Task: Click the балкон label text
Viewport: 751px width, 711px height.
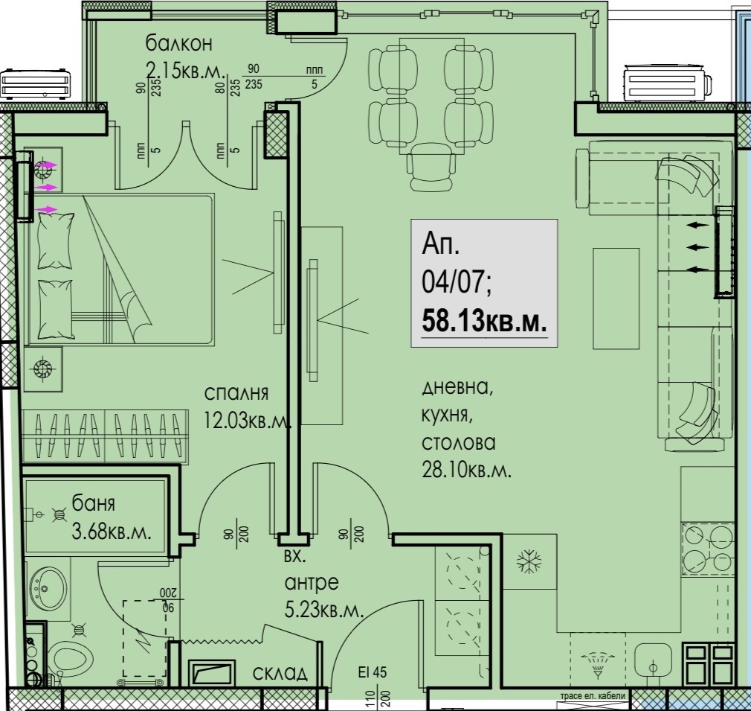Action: tap(178, 44)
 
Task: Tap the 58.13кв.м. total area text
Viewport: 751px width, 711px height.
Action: tap(484, 321)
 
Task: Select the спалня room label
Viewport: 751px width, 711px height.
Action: tap(236, 394)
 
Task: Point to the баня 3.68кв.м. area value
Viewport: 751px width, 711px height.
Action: tap(112, 532)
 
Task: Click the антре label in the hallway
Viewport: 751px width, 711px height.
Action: tap(312, 582)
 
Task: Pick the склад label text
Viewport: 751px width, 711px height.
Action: tap(280, 674)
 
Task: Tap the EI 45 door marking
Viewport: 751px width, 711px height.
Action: tap(372, 672)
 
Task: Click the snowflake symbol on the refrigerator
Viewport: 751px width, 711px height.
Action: tap(529, 561)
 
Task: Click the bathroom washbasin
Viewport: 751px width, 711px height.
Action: tap(48, 588)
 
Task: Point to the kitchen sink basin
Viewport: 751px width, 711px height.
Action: tap(653, 663)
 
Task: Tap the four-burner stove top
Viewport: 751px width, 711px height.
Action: tap(708, 549)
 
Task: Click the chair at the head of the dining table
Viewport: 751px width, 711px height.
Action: tap(431, 167)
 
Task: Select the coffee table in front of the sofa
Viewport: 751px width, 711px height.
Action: tap(616, 299)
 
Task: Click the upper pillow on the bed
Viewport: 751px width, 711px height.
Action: tap(56, 240)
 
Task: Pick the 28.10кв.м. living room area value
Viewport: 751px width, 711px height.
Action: tap(466, 470)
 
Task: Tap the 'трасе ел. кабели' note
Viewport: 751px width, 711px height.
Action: tap(593, 696)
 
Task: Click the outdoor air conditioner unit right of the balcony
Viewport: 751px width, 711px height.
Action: tap(667, 83)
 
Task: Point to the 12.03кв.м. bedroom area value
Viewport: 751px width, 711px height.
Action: tap(247, 421)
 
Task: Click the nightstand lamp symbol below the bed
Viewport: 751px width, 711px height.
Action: tap(42, 369)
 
